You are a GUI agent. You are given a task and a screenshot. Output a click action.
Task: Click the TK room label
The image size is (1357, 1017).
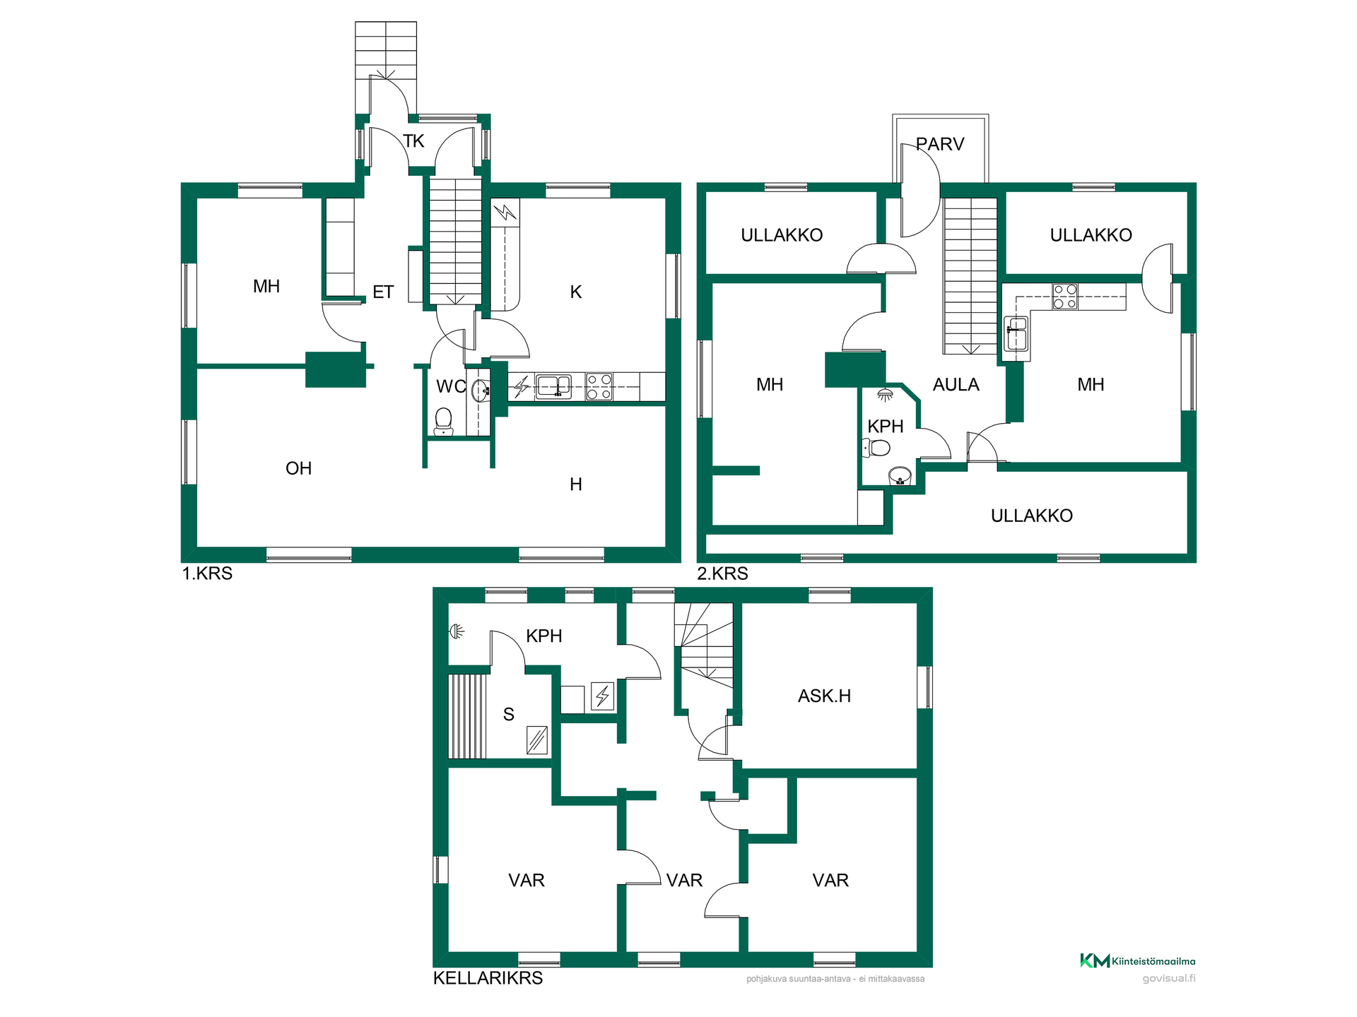tap(413, 141)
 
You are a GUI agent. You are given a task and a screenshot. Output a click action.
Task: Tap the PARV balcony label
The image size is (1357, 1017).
tap(940, 144)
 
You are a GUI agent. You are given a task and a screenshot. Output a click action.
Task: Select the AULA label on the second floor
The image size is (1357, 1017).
tap(956, 385)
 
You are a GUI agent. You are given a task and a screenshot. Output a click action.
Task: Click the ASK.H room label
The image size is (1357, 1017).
tap(824, 696)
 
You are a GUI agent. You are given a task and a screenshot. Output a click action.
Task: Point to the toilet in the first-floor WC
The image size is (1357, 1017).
tap(443, 421)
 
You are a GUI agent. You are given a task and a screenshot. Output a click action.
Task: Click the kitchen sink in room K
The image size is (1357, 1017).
tap(553, 386)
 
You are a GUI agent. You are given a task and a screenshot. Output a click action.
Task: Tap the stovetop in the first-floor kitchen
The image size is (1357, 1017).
tap(599, 387)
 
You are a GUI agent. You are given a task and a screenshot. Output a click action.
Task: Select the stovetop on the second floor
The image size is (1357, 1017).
tap(1064, 297)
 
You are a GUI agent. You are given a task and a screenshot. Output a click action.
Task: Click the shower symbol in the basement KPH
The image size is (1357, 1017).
tap(457, 631)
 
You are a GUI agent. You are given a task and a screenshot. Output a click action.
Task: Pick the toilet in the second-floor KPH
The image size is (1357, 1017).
tap(876, 447)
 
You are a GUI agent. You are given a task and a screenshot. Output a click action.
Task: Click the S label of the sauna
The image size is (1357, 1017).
tap(508, 715)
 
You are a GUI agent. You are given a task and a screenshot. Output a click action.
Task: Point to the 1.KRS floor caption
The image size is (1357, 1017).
tap(207, 573)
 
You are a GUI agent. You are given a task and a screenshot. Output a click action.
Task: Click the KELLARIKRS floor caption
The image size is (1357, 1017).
tap(488, 978)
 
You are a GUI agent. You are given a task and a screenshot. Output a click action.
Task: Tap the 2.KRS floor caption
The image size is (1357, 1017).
tap(722, 573)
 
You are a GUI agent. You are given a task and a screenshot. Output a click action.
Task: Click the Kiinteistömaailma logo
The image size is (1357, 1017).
tap(1137, 961)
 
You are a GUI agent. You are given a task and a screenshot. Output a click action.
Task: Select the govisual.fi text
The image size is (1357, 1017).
tap(1169, 978)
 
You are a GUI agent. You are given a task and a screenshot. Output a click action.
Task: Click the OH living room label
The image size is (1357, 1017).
tap(298, 468)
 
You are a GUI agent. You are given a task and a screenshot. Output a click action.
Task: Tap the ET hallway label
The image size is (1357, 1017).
tap(383, 292)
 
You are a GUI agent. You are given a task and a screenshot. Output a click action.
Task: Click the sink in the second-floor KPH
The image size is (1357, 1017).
tap(900, 475)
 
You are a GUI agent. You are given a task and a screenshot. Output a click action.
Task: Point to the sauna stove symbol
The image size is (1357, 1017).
tap(537, 740)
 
